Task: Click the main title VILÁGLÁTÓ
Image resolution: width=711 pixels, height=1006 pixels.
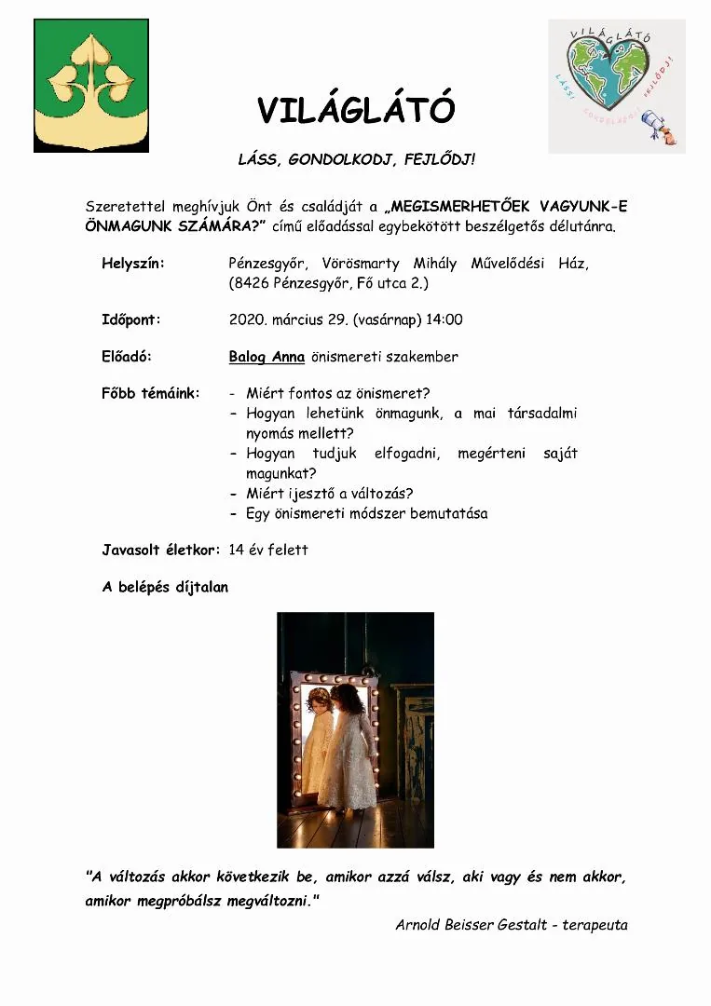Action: click(356, 111)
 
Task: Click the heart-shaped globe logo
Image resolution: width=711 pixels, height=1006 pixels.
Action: click(616, 86)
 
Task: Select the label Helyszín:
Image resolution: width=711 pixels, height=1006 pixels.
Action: click(133, 264)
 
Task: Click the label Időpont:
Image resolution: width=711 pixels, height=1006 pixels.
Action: click(131, 319)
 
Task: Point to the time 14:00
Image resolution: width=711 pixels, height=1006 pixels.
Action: click(444, 319)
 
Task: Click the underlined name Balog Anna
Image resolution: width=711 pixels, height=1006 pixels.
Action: click(267, 357)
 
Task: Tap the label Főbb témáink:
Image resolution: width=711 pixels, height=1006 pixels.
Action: click(151, 393)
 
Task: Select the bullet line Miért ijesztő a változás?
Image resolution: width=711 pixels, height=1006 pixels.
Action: click(330, 493)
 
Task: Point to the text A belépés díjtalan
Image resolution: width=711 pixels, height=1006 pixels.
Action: click(165, 588)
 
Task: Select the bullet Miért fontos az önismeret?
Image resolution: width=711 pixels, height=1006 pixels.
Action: click(338, 393)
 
